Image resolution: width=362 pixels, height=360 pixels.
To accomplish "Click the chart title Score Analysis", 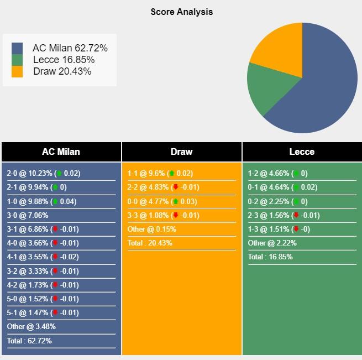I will coord(181,12).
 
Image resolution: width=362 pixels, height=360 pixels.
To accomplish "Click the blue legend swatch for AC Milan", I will coord(17,48).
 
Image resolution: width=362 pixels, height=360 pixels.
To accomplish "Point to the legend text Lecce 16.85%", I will coord(64,60).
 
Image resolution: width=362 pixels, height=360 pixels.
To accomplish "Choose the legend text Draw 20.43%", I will coord(62,71).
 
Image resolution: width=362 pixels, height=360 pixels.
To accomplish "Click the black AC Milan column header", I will coord(61,152).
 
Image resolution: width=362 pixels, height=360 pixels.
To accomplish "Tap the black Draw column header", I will coord(181,152).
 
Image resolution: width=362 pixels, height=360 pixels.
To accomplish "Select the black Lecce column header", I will coord(302,152).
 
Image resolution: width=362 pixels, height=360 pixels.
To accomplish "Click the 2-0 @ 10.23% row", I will coord(43,173).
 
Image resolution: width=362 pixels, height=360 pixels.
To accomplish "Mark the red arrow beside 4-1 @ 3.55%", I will coord(55,257).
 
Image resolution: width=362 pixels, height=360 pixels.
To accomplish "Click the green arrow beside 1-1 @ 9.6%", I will coord(171,173).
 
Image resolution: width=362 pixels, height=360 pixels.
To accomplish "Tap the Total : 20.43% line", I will coord(150,243).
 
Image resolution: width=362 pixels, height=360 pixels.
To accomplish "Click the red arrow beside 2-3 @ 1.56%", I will coord(296,215).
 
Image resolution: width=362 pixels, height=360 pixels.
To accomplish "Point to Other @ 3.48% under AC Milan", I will coord(32,327).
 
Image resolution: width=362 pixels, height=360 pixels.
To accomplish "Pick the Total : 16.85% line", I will coord(270,257).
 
